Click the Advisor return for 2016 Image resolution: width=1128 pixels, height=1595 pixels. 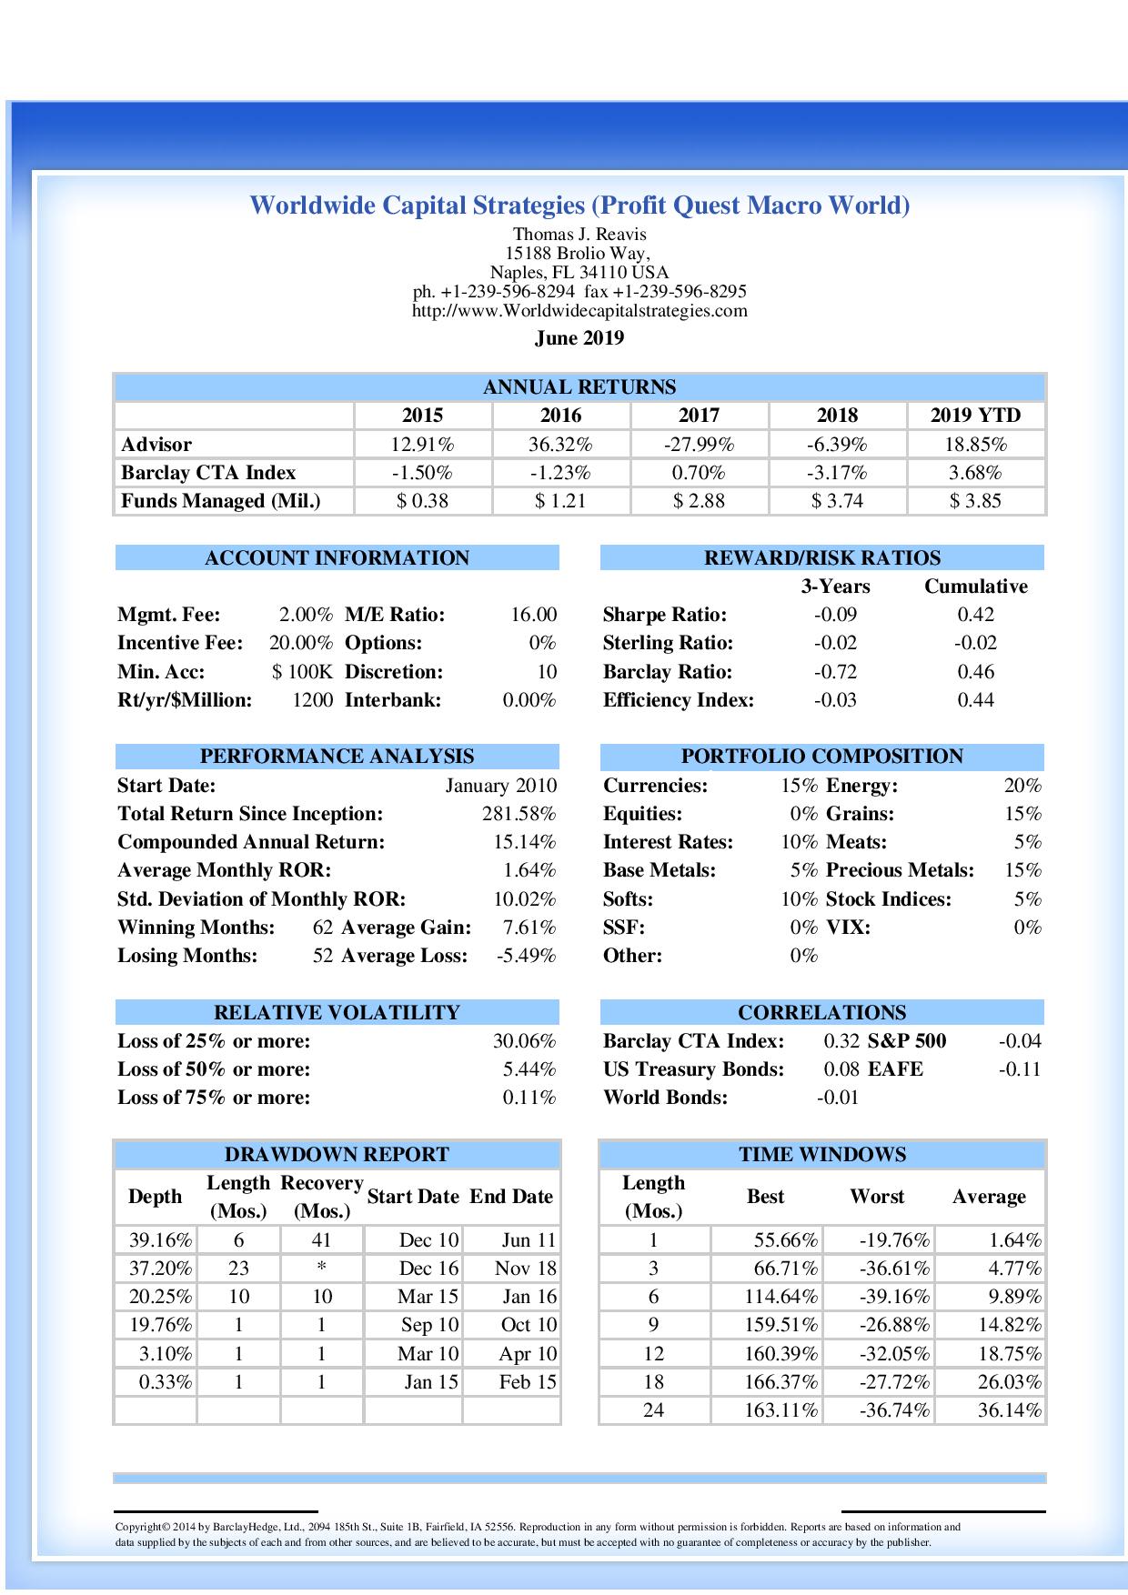[x=560, y=445]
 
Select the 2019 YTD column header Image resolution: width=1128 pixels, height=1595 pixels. [x=975, y=416]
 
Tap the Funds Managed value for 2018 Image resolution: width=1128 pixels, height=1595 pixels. [x=837, y=501]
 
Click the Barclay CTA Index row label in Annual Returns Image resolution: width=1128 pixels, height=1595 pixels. [x=208, y=473]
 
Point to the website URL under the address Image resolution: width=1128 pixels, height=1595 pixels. [x=579, y=311]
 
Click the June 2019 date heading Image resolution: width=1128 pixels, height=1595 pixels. [x=579, y=338]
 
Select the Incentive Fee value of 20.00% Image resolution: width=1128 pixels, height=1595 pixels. [x=301, y=643]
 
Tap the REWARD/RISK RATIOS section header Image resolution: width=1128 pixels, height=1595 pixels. [x=822, y=558]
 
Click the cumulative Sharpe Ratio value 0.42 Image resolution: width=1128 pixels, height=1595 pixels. [x=975, y=615]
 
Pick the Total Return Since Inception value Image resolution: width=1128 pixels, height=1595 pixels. [x=519, y=814]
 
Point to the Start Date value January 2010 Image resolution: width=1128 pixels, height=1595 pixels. [x=500, y=786]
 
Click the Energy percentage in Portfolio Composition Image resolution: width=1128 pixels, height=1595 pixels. [x=1022, y=786]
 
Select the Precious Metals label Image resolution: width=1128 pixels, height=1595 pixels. [x=900, y=870]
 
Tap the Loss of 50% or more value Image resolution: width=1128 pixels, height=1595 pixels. [x=529, y=1069]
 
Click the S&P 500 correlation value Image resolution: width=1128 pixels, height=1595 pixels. [x=1019, y=1041]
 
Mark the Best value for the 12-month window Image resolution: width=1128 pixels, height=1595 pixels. [x=781, y=1354]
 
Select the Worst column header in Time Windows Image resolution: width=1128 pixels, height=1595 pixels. [x=877, y=1197]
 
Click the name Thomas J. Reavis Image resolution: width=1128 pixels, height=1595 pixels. [x=579, y=235]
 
